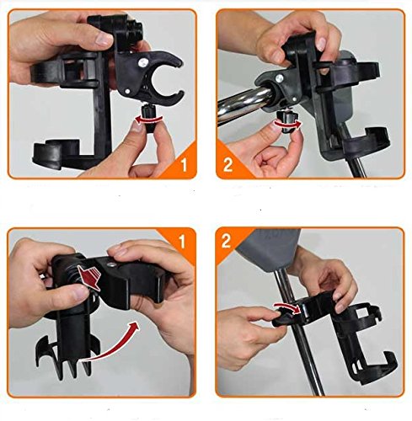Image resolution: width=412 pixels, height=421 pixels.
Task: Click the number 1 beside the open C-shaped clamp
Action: tap(184, 164)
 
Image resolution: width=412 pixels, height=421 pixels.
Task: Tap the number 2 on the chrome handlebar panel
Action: tap(227, 165)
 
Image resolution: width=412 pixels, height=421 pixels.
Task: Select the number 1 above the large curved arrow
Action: tap(182, 241)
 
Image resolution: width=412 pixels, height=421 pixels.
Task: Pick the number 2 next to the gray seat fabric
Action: tap(226, 241)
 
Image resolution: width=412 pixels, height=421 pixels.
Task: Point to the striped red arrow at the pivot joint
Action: tap(89, 277)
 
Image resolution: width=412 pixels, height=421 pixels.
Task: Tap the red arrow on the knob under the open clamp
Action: tap(149, 120)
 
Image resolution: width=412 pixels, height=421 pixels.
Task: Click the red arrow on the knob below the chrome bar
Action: tap(288, 124)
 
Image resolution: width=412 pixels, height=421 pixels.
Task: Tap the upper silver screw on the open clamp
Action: tap(142, 62)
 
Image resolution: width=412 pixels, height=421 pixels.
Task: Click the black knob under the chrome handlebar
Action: tap(286, 122)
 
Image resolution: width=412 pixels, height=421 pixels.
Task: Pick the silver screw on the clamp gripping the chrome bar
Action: tap(279, 78)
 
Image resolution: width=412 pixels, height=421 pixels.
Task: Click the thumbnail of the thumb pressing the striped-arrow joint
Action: tap(82, 293)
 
